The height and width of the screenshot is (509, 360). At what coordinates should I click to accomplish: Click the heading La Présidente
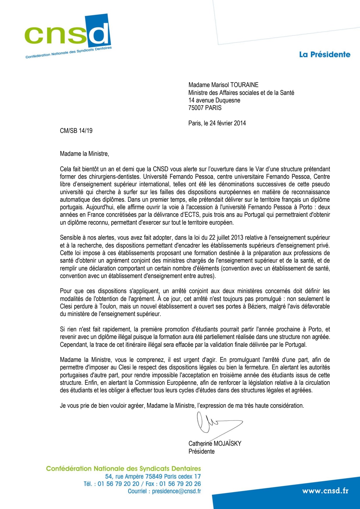tap(325, 55)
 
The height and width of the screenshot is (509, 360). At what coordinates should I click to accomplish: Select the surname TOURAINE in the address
tap(244, 85)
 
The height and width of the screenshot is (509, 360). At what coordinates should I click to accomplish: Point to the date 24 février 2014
tap(228, 123)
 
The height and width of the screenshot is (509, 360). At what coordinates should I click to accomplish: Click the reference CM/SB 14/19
tap(76, 131)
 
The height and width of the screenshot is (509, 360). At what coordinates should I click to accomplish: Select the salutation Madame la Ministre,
tap(84, 154)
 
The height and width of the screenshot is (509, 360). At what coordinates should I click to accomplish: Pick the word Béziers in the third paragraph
tap(257, 306)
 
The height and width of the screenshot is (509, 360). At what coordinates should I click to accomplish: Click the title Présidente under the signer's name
tap(201, 452)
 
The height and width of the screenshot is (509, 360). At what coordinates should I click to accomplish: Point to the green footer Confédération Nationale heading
tap(123, 469)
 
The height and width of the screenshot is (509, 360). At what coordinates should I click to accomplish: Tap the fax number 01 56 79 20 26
tap(180, 484)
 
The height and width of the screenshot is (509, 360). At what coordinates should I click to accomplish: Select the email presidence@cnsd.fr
tap(176, 491)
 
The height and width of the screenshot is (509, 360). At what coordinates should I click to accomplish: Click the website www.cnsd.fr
tap(325, 491)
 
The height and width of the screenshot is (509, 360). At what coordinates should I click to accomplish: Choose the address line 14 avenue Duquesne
tap(214, 100)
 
